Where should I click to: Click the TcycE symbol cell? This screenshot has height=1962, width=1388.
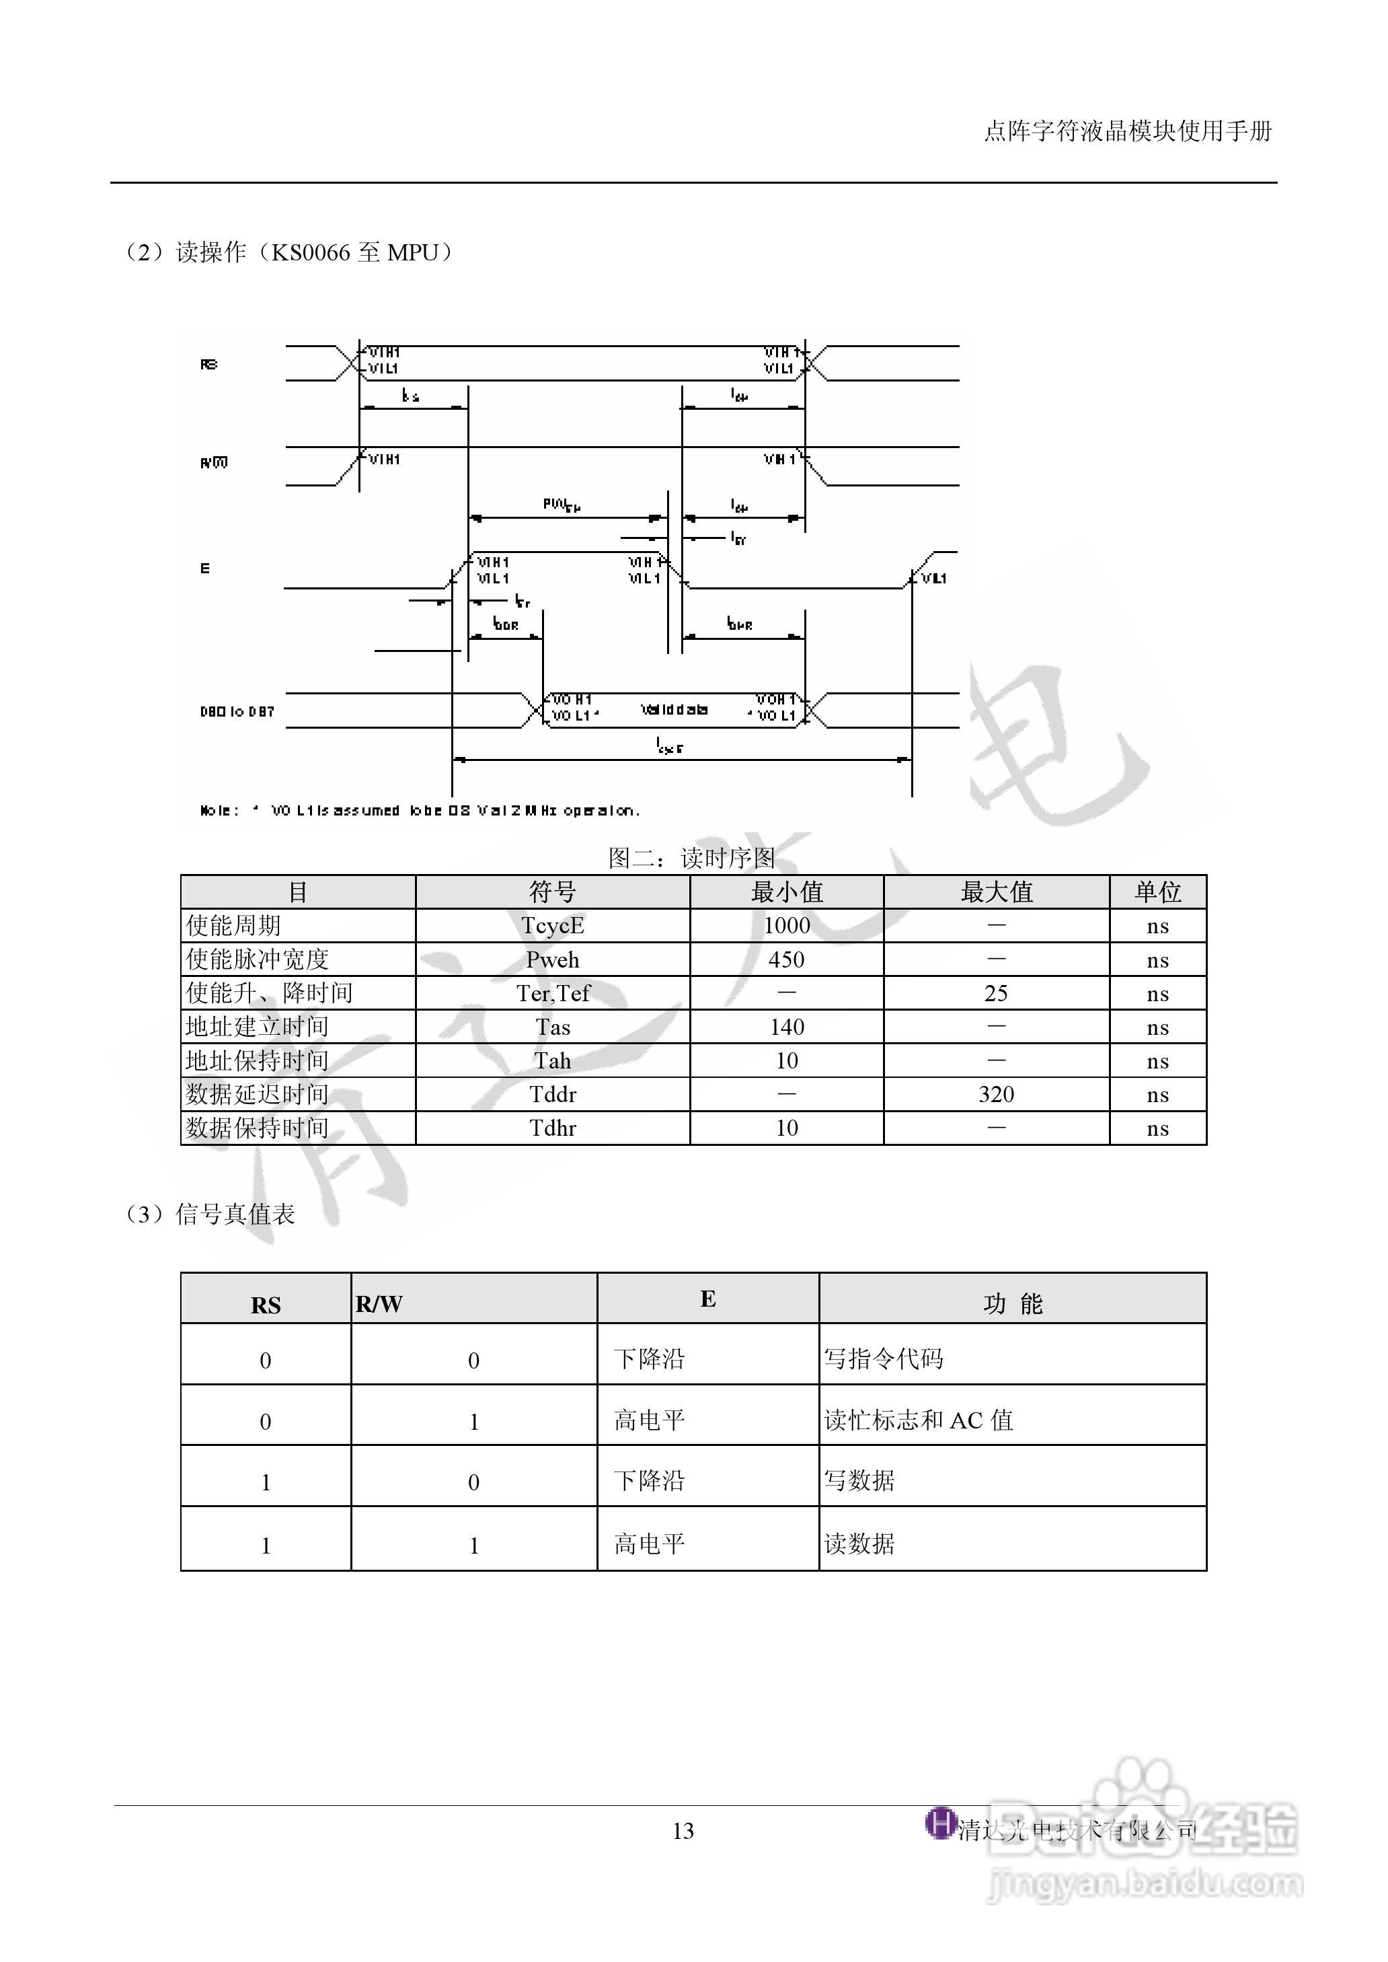[x=552, y=926]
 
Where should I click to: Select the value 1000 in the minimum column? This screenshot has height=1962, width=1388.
[x=786, y=926]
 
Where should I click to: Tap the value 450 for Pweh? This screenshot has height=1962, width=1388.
[x=786, y=959]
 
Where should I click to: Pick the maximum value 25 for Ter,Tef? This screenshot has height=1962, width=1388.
[x=996, y=993]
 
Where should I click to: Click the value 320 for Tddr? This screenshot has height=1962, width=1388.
[x=996, y=1094]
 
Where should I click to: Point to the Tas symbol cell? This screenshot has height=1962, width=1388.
[x=552, y=1027]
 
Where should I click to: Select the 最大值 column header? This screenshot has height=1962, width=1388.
[x=996, y=892]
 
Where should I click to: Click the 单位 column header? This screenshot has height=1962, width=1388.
[x=1157, y=892]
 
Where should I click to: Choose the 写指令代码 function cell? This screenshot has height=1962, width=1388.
[x=884, y=1359]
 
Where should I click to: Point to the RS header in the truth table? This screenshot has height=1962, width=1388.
[x=266, y=1305]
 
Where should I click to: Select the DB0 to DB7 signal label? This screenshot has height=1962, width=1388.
[x=237, y=711]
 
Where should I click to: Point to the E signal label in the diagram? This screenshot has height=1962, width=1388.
[x=205, y=569]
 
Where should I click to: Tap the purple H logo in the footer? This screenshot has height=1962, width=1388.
[x=940, y=1822]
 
